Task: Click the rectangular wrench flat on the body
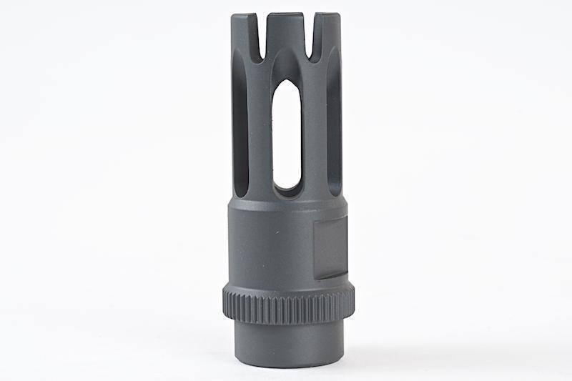330,247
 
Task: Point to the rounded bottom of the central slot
287,190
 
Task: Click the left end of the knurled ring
225,304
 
